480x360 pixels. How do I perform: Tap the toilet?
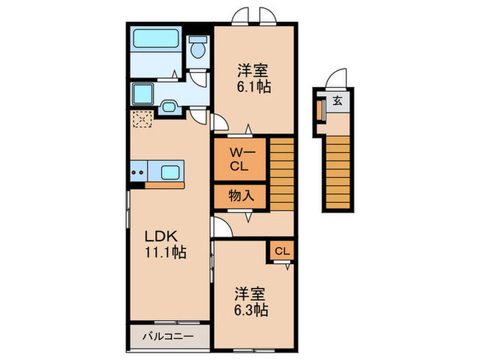[x=199, y=47]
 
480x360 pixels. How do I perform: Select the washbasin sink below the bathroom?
[x=169, y=106]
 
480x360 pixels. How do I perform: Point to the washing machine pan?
[x=143, y=94]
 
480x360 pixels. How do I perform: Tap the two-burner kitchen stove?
[x=136, y=171]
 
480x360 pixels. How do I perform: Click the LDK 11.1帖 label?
[x=165, y=243]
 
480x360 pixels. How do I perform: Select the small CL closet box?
[x=282, y=252]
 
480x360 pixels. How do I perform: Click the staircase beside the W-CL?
[x=281, y=173]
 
